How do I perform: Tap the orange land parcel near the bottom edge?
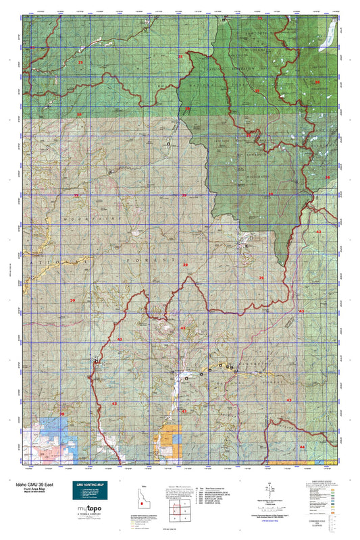[168, 442]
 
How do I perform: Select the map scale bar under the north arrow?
[270, 502]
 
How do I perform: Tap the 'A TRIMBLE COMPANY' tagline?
[88, 522]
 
